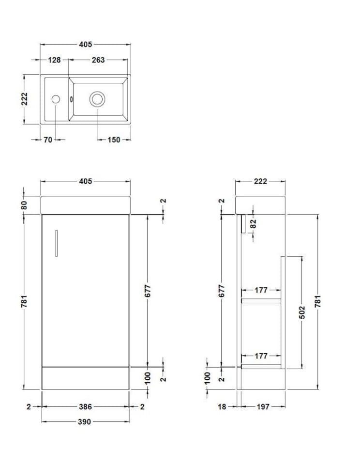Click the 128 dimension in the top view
pos(54,60)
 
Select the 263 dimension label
pos(98,60)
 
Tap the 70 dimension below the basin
pos(47,140)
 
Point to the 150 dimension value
pos(114,140)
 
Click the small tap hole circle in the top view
pos(56,99)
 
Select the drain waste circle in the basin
pos(97,99)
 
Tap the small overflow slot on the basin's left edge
pos(72,99)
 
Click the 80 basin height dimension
pos(24,205)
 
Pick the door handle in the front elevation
pos(56,243)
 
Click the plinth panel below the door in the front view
pos(85,378)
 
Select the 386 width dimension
pos(85,407)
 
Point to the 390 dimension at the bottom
pos(84,422)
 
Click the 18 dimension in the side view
pos(222,407)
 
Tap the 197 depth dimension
pos(262,407)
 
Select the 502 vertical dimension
pos(302,311)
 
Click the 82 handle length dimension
pos(253,223)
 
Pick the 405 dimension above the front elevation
pos(85,182)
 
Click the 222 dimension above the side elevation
pos(260,182)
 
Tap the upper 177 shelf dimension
pos(261,291)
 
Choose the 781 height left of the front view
pos(24,301)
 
